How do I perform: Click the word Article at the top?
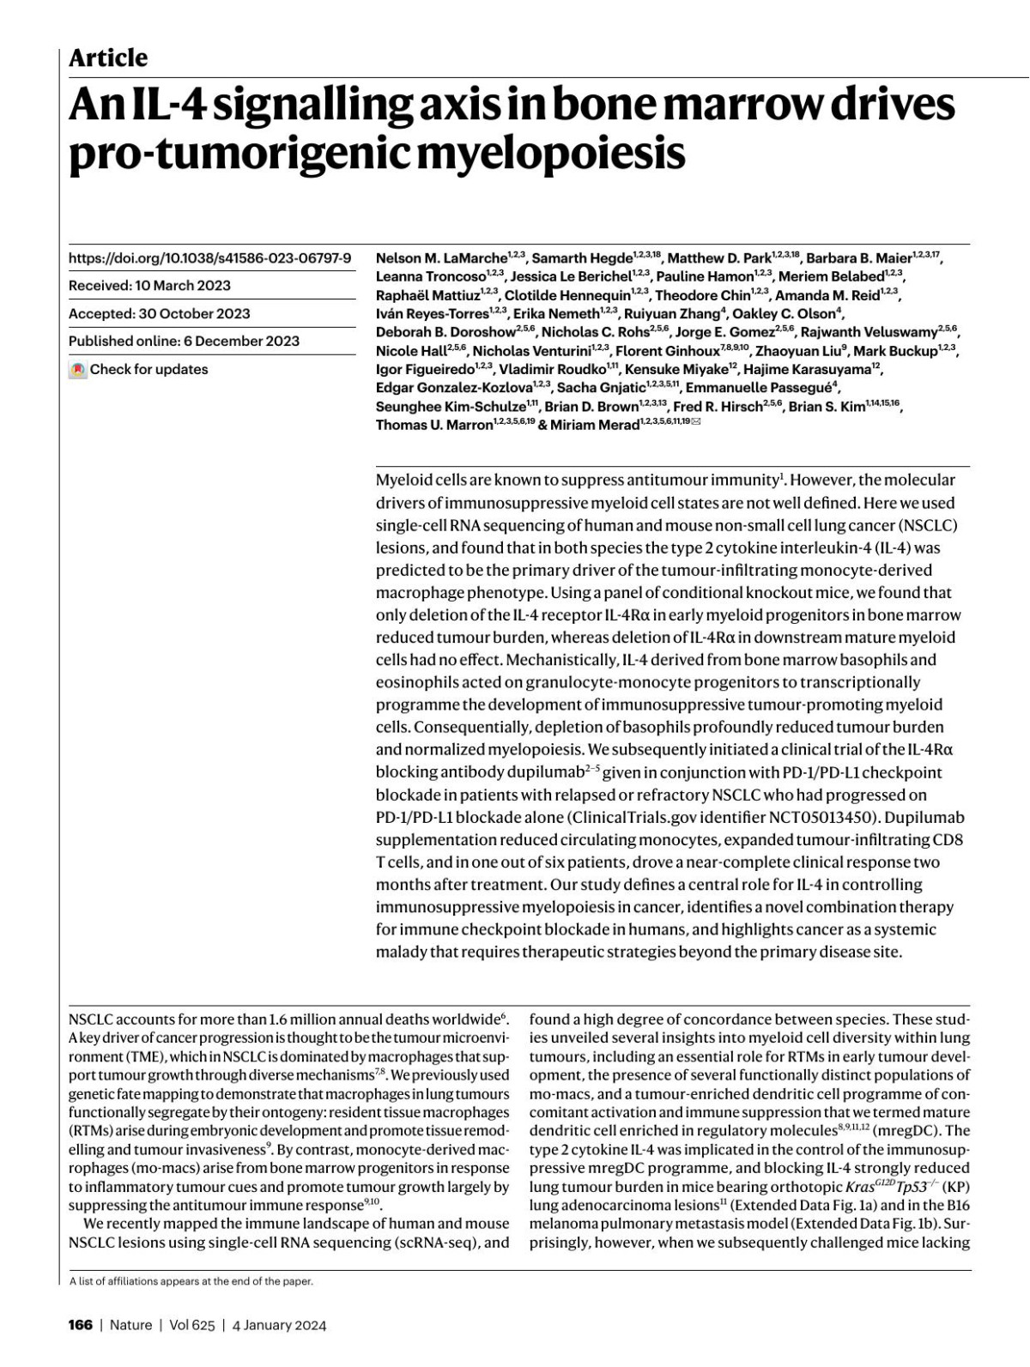(x=108, y=57)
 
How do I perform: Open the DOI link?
(x=209, y=257)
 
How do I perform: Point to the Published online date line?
(x=184, y=341)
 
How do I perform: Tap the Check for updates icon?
(x=78, y=370)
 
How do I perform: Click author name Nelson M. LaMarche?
(x=440, y=258)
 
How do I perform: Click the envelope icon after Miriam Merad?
(x=695, y=423)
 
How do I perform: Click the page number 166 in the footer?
(x=80, y=1325)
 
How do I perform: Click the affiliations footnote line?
(x=191, y=1281)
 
